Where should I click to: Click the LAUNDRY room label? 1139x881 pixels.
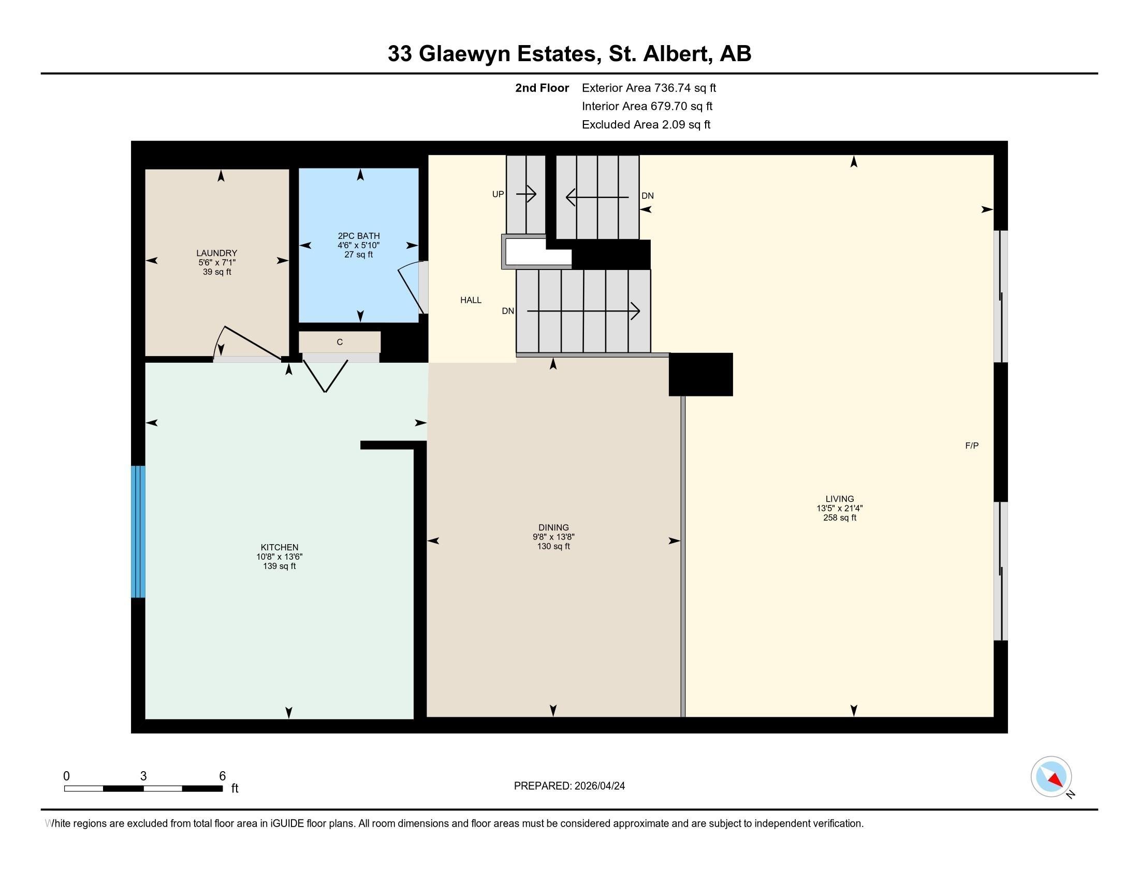(x=216, y=253)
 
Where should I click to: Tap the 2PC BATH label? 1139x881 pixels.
(x=358, y=236)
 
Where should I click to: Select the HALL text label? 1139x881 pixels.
(x=471, y=300)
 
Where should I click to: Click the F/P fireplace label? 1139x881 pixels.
(x=972, y=446)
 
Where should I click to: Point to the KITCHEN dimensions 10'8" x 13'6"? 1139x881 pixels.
(x=280, y=557)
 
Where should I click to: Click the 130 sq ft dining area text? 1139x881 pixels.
(x=553, y=546)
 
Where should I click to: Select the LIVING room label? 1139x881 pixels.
(x=839, y=499)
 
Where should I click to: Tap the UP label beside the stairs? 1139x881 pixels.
(x=498, y=194)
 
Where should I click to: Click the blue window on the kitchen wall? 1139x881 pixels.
(x=138, y=531)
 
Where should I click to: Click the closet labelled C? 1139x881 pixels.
(x=340, y=343)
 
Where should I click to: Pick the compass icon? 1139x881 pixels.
(x=1051, y=776)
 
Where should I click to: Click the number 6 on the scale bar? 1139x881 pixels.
(x=222, y=776)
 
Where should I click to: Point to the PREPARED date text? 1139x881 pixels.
(x=569, y=786)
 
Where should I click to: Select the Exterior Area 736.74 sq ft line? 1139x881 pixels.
(x=649, y=88)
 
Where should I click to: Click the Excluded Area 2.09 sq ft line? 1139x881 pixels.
(x=646, y=125)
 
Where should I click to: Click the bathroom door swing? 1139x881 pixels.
(x=412, y=290)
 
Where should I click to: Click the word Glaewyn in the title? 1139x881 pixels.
(x=464, y=54)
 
